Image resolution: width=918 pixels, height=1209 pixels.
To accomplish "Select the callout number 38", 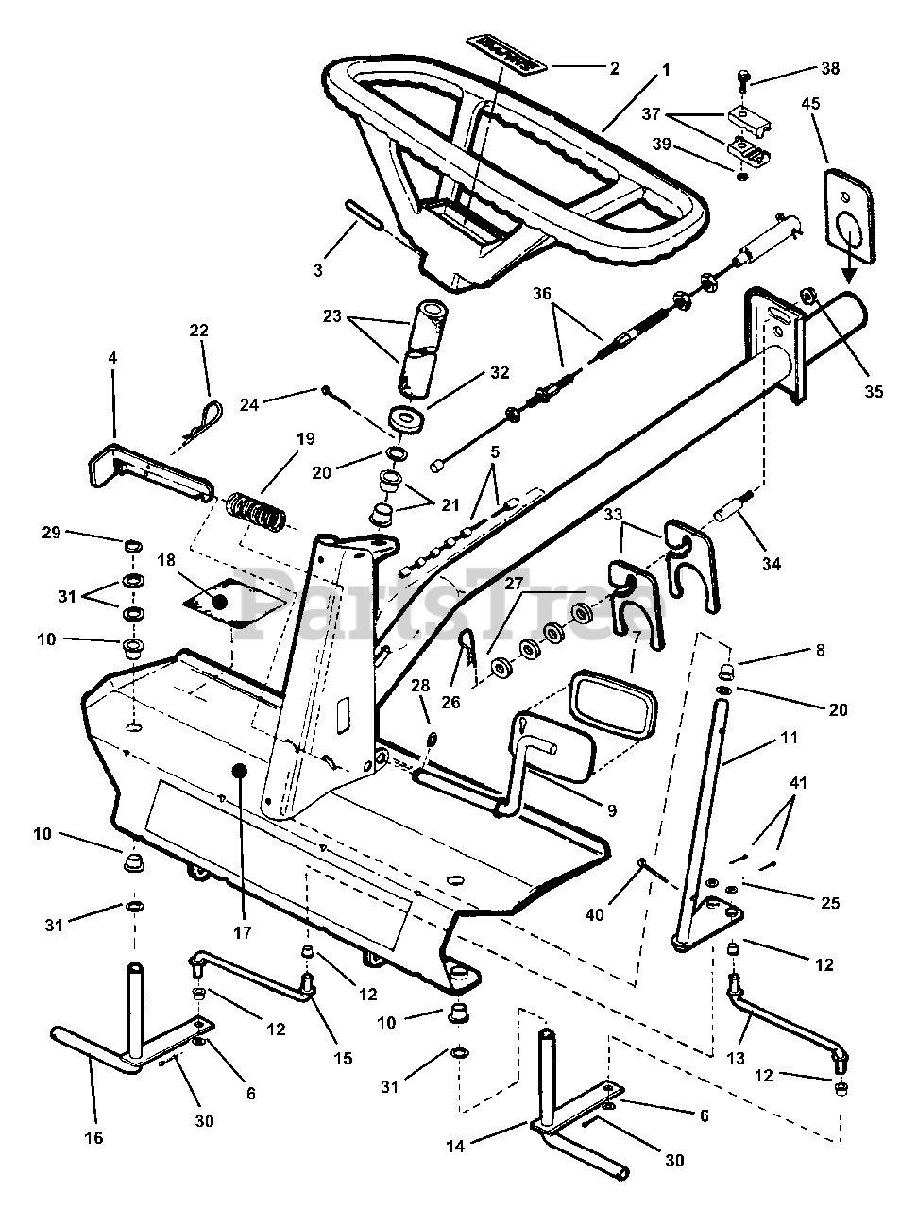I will click(829, 69).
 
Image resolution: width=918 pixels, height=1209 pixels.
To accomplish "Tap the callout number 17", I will click(243, 932).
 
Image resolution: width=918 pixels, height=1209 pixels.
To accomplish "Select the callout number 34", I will click(772, 564).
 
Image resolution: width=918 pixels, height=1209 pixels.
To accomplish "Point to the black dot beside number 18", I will click(220, 601).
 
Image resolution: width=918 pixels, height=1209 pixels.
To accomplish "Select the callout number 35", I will click(873, 390).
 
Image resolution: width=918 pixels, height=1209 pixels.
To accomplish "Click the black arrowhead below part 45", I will click(849, 275).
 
